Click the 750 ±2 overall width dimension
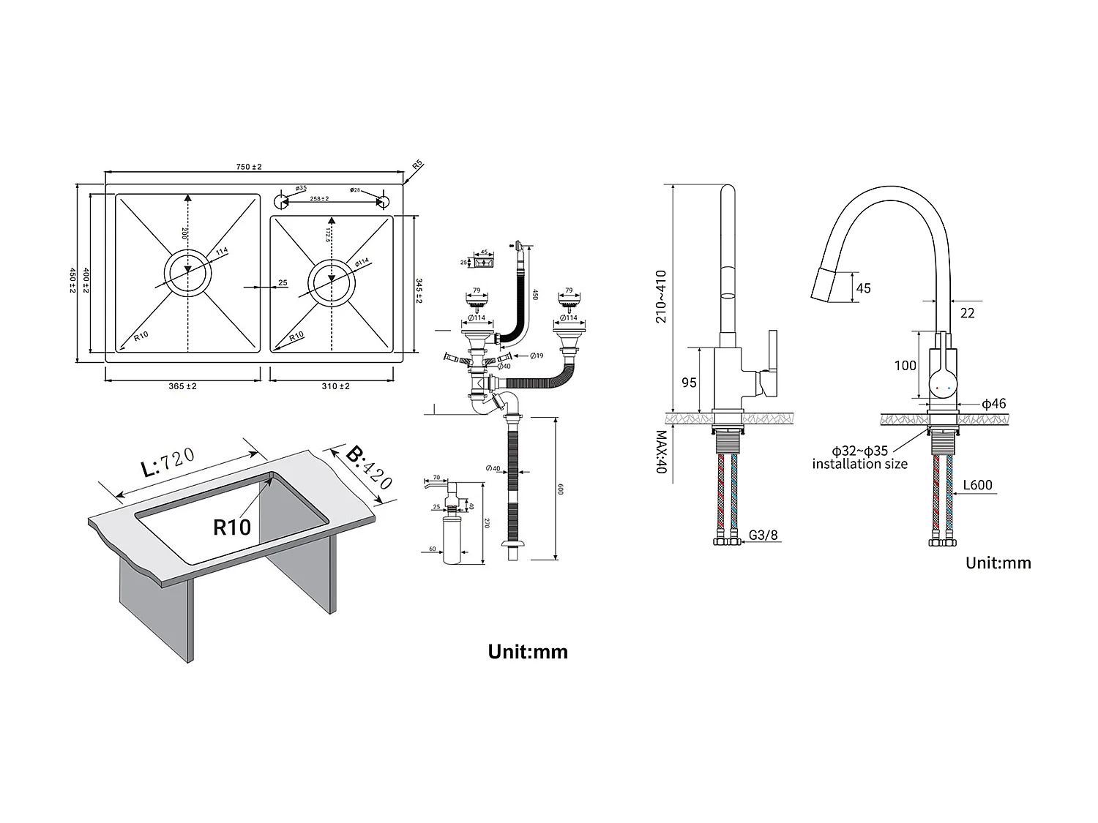249,167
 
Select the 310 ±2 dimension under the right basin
335,386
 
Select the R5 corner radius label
418,165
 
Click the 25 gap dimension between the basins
283,284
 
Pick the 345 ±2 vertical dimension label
419,286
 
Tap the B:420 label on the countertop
369,467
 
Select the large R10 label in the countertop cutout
232,527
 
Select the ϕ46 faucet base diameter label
993,404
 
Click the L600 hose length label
977,485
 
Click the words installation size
859,464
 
